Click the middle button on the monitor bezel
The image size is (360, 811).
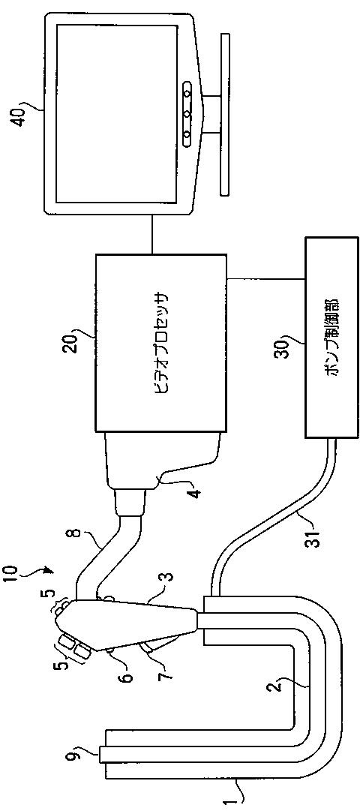(187, 113)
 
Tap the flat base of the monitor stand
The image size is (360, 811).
(225, 115)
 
